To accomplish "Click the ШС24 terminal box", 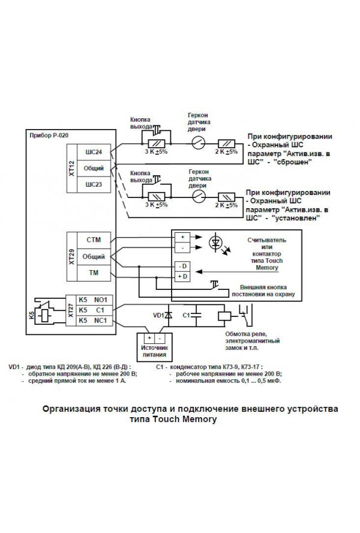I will coord(95,152).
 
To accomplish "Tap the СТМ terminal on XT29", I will coord(94,241).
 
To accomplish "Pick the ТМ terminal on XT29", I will coord(94,273).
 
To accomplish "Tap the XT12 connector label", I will coord(71,168).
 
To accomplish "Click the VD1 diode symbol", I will coord(169,315).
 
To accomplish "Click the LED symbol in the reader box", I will coord(215,242).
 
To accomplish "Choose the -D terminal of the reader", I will coord(181,265).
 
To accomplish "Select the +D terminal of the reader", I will coord(181,276).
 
